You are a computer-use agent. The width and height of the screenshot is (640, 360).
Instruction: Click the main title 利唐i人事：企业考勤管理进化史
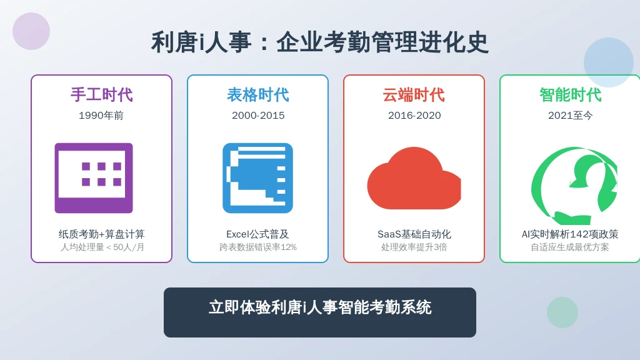coord(319,42)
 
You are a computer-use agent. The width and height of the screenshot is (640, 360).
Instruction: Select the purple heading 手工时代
coord(102,95)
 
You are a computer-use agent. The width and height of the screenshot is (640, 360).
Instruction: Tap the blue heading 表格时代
coord(258,95)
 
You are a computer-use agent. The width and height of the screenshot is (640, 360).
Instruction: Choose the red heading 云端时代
coord(414,95)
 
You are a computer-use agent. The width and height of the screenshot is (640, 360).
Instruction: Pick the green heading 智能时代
coord(570,95)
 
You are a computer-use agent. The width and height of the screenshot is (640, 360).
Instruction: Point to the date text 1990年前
coord(101,116)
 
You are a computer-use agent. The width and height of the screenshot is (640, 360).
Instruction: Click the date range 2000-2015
coord(258,116)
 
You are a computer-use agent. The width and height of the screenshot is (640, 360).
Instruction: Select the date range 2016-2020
coord(414,116)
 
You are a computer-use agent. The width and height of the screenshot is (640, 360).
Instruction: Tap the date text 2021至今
coord(570,116)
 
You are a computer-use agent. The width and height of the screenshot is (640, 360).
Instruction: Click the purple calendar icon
coord(94,178)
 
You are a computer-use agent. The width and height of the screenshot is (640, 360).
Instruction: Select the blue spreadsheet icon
coord(258,178)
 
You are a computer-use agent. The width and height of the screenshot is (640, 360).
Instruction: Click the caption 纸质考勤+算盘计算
coord(102,234)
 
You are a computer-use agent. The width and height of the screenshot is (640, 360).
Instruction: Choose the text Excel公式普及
coord(257,234)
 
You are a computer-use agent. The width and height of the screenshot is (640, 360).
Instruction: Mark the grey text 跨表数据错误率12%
coord(258,247)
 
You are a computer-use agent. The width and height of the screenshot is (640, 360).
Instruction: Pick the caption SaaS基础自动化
coord(414,234)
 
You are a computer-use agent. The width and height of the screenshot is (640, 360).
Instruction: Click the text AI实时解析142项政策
coord(570,234)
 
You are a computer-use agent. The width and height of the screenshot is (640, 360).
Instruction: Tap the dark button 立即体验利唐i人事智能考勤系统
coord(320,312)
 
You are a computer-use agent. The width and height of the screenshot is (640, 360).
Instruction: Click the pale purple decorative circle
coord(31,31)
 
